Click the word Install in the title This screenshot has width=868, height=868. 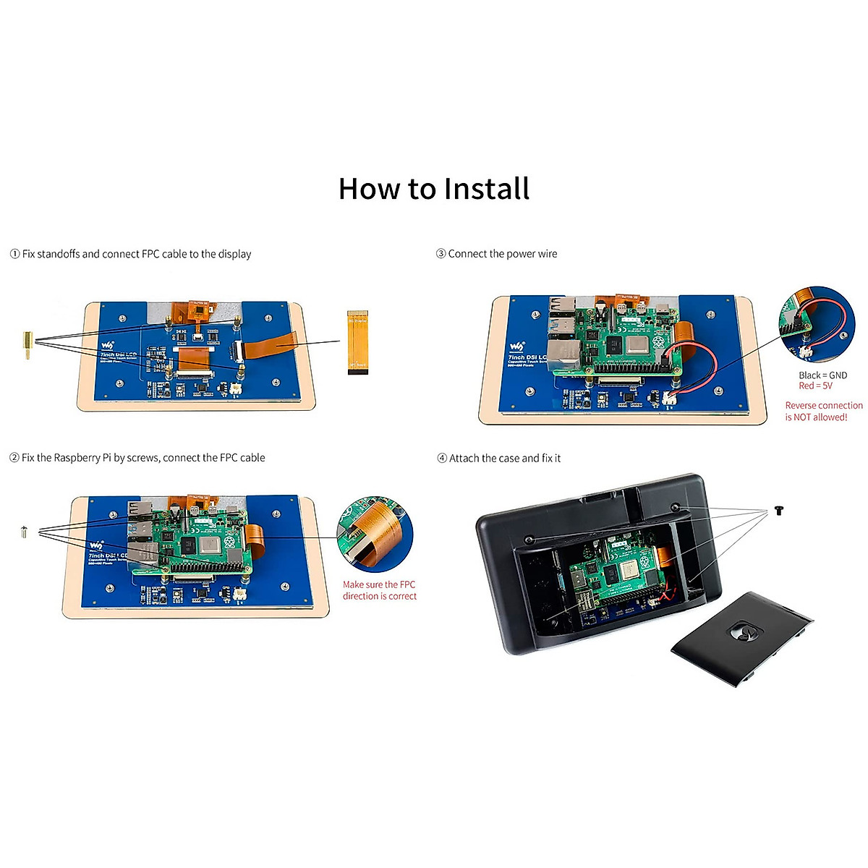pos(487,190)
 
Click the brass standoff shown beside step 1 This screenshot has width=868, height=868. pos(27,346)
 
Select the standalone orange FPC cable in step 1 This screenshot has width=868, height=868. pos(357,342)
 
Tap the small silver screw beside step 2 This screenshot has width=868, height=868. pos(24,532)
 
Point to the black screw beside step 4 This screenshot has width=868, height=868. pos(778,511)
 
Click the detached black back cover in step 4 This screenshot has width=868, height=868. pos(742,637)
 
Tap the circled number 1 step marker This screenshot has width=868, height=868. pos(14,254)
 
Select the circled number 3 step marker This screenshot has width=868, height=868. pos(441,254)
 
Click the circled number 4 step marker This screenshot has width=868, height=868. pos(442,459)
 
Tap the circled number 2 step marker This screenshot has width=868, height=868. pos(14,458)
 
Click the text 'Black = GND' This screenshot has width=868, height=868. pos(822,375)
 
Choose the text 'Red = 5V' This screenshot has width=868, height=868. pos(815,386)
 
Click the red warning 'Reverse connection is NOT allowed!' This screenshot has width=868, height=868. pos(823,412)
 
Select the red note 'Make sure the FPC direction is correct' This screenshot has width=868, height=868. pos(380,590)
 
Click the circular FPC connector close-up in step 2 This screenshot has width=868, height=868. pos(375,534)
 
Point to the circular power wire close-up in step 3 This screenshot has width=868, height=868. pos(817,323)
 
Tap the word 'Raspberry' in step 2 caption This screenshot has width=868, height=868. pos(82,458)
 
